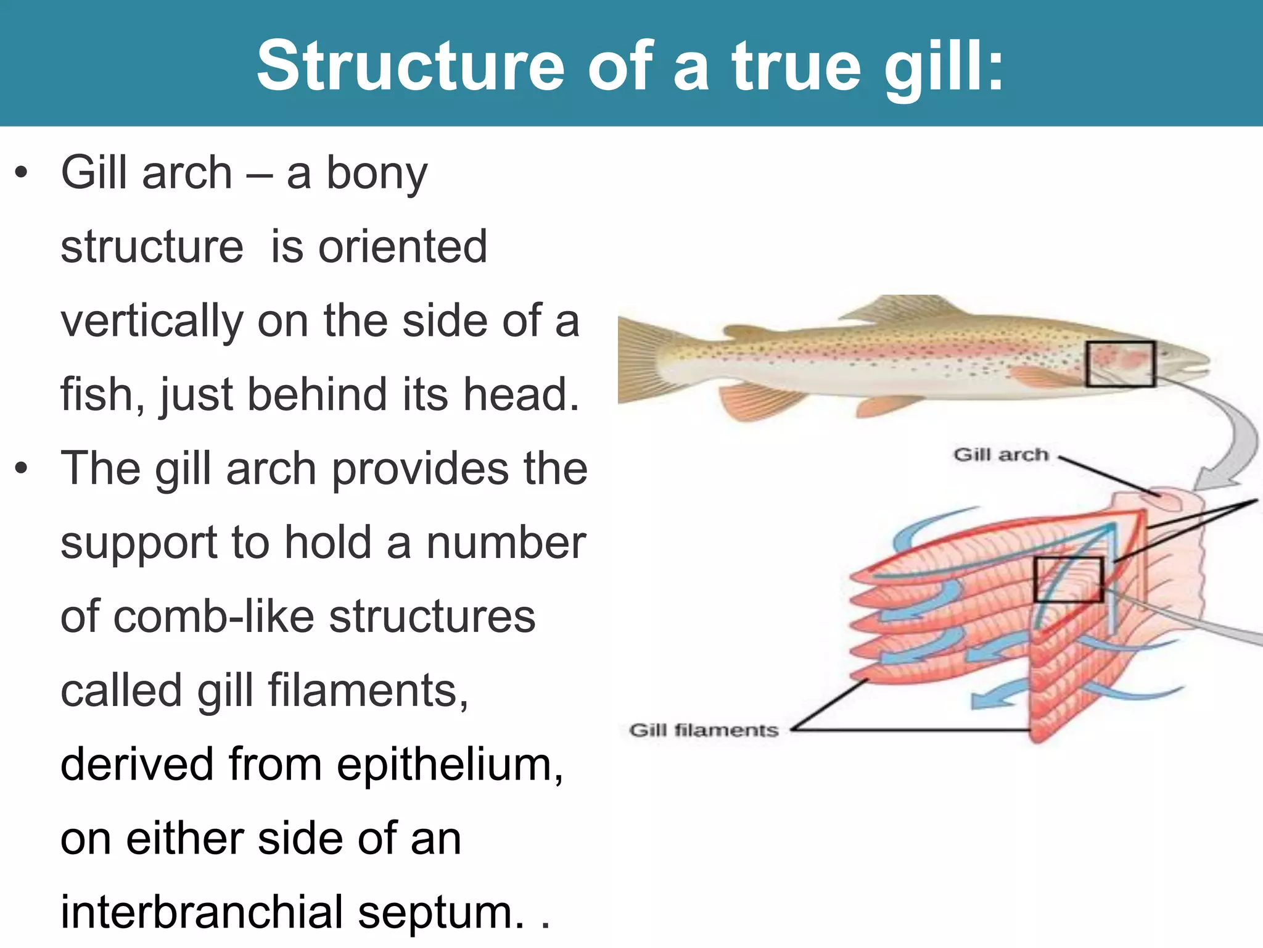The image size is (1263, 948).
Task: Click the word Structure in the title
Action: (410, 66)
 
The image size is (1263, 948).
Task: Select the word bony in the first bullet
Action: (376, 174)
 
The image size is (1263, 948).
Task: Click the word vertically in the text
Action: (152, 322)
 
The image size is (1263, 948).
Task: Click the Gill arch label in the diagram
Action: (1000, 455)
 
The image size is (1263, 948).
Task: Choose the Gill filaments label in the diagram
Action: (704, 730)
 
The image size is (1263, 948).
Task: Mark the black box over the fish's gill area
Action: (1120, 364)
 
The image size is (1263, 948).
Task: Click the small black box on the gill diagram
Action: (1068, 579)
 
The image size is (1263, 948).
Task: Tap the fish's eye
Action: (1165, 354)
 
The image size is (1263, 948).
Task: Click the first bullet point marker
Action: (22, 173)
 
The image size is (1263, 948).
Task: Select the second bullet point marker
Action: (22, 469)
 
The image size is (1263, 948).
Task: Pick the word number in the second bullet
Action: (506, 543)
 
